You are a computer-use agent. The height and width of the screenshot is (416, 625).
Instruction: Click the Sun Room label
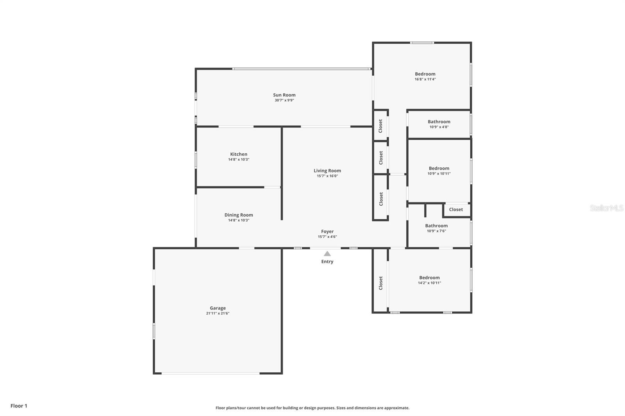pyautogui.click(x=284, y=95)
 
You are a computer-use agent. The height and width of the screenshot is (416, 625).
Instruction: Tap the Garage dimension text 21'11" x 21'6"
pyautogui.click(x=218, y=313)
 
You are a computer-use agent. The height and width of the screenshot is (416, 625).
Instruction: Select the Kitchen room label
pyautogui.click(x=238, y=154)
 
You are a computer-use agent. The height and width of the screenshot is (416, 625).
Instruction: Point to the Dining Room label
pyautogui.click(x=238, y=215)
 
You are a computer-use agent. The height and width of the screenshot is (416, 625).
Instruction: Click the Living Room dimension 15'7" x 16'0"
pyautogui.click(x=327, y=176)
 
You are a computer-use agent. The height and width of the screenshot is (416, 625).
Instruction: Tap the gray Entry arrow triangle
pyautogui.click(x=327, y=254)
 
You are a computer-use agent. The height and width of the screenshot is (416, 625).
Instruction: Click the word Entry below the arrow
pyautogui.click(x=327, y=261)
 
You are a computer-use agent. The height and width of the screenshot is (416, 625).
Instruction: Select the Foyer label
pyautogui.click(x=327, y=231)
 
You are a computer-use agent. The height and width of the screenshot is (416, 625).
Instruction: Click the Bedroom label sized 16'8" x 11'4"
pyautogui.click(x=425, y=74)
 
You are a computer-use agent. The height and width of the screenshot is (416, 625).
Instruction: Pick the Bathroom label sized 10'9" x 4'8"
pyautogui.click(x=439, y=122)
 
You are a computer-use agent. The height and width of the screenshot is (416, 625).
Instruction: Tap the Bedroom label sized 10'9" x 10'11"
pyautogui.click(x=439, y=169)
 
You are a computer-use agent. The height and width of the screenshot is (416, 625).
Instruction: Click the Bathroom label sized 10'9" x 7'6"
pyautogui.click(x=436, y=226)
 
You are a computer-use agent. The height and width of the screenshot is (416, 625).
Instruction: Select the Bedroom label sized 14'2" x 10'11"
pyautogui.click(x=429, y=278)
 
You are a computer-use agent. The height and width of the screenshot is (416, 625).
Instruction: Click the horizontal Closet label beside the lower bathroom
pyautogui.click(x=455, y=210)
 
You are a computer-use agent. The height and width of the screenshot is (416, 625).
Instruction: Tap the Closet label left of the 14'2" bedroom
pyautogui.click(x=380, y=283)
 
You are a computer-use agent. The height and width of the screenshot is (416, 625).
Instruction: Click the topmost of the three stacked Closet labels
pyautogui.click(x=380, y=126)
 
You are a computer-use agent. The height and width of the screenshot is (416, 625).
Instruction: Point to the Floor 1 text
pyautogui.click(x=19, y=406)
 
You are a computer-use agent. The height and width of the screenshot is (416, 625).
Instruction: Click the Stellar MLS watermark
pyautogui.click(x=606, y=208)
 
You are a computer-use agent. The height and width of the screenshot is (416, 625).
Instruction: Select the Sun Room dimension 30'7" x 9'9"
pyautogui.click(x=284, y=100)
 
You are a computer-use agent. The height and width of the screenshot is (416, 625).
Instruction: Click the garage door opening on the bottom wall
pyautogui.click(x=211, y=373)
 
